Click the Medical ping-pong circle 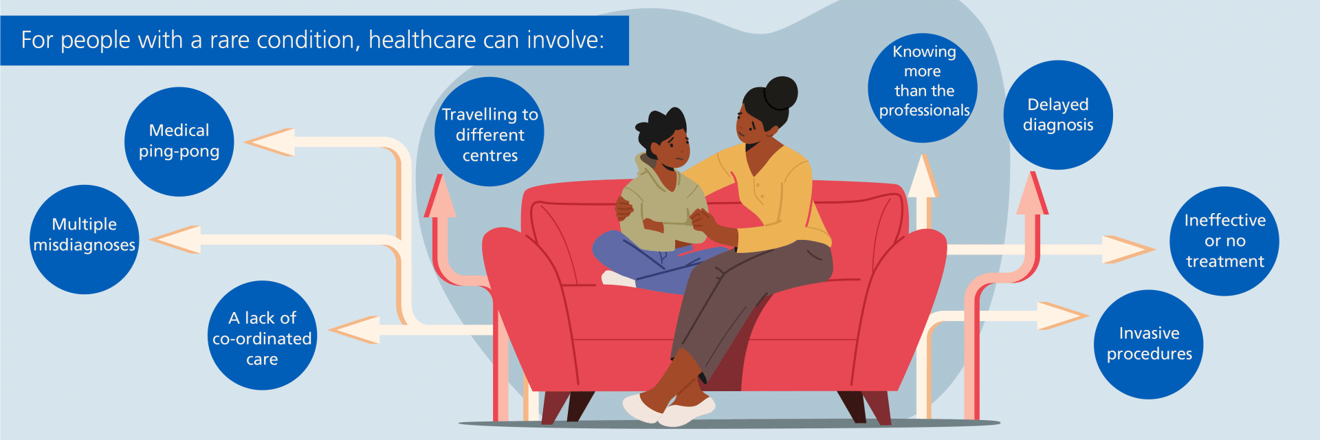[179, 142]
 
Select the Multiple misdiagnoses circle [85, 239]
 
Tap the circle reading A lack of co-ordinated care [262, 335]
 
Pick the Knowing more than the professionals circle [923, 88]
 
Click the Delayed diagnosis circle [1058, 115]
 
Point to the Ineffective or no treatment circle [1224, 241]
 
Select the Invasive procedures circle [1149, 344]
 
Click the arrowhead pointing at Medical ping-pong [270, 142]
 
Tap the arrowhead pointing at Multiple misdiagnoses [175, 240]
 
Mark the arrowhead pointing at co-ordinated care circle [354, 330]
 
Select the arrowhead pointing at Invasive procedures [1063, 316]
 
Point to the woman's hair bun [781, 93]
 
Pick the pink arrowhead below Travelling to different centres [440, 196]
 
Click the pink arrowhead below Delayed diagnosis [1032, 192]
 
